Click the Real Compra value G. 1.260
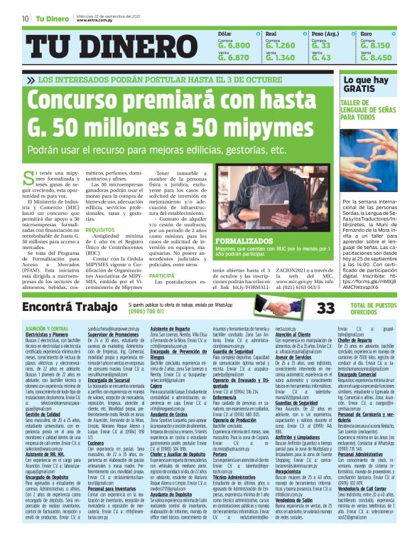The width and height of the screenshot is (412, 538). pos(280,45)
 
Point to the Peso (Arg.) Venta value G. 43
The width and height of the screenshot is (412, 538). pos(322,58)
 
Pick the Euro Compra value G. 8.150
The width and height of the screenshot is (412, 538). pos(376,45)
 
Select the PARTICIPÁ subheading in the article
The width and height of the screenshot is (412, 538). pos(161,275)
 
